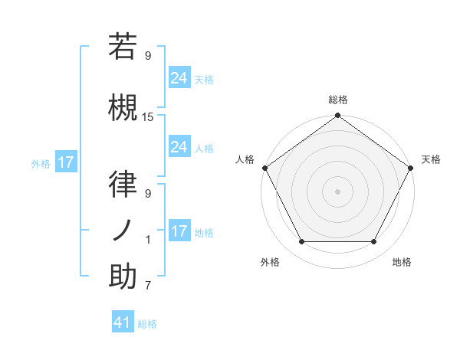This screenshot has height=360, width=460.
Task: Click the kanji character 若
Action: (x=123, y=47)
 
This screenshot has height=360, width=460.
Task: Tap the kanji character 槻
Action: (x=123, y=106)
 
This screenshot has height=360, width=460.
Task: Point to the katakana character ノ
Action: (x=123, y=231)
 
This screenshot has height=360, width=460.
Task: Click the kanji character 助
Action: (x=123, y=277)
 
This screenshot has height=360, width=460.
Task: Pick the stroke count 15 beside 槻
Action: (x=148, y=117)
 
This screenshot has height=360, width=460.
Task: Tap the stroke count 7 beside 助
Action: (x=148, y=286)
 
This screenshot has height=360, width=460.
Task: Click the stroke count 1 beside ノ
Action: (x=148, y=240)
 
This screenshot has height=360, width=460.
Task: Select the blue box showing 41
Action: (x=123, y=322)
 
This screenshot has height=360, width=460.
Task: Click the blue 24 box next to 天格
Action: (x=179, y=77)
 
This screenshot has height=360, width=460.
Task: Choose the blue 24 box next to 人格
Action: (x=179, y=147)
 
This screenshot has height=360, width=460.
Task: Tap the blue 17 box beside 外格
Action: (x=65, y=162)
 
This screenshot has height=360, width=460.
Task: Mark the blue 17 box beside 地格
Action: (x=179, y=231)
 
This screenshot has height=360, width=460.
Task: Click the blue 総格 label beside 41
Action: (x=148, y=324)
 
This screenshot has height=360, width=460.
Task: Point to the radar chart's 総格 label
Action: (x=337, y=100)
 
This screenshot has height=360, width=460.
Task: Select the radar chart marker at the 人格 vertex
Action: (x=264, y=168)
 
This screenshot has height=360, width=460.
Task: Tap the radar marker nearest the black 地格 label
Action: (x=374, y=242)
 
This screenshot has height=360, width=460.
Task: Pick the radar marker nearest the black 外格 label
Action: (x=301, y=242)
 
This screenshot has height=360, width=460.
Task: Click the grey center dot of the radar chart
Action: (x=337, y=191)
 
